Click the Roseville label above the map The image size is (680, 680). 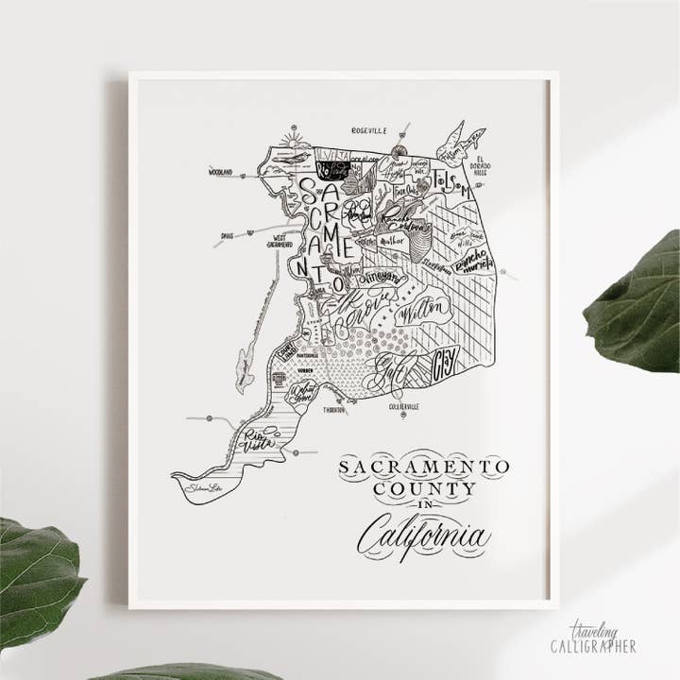pos(368,130)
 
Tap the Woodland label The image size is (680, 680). pos(221,172)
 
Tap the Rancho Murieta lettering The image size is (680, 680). pos(471,259)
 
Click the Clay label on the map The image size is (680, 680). pos(444,360)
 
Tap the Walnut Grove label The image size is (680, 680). pos(304,390)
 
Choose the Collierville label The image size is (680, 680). pos(403,406)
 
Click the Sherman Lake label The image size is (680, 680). pos(203,488)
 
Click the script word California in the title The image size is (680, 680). pos(423,535)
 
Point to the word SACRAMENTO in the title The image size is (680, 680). pos(423,467)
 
